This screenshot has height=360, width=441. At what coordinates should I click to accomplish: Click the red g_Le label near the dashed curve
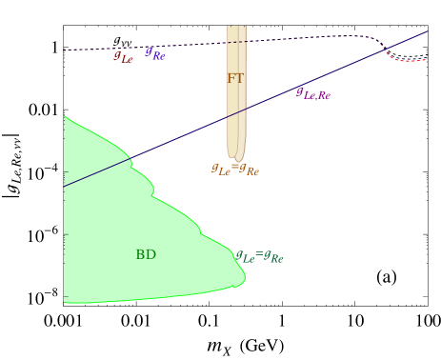coord(123,57)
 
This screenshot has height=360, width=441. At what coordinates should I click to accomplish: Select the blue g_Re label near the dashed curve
coord(154,53)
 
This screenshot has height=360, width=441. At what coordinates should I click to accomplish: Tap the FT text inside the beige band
coord(235,78)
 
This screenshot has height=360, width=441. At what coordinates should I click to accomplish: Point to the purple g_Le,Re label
coord(313,93)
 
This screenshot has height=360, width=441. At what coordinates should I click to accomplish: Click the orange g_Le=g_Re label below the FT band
coord(234,170)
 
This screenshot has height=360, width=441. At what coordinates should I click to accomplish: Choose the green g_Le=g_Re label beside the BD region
coord(259,257)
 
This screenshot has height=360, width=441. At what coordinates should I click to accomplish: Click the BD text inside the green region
coord(146,254)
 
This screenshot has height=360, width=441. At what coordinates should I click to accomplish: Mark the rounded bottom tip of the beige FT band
coord(239,158)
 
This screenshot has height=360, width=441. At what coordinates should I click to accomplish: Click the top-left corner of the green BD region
coord(65,116)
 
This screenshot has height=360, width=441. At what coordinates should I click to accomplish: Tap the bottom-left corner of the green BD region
coord(65,302)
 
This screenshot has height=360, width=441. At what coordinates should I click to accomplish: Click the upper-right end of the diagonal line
coord(427,31)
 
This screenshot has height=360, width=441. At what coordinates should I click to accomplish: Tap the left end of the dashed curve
coord(64,50)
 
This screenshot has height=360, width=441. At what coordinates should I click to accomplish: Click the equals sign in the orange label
coord(234,168)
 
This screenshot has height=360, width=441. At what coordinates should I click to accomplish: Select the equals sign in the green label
coord(259,255)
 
